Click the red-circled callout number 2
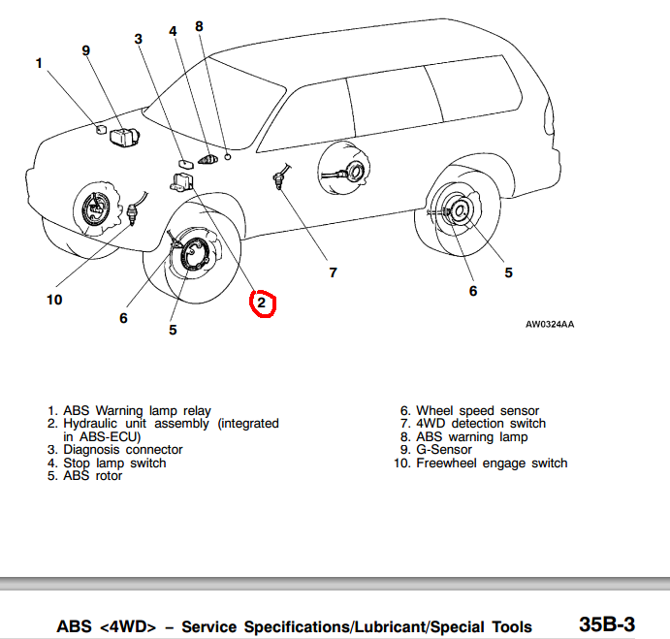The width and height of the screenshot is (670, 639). (x=262, y=304)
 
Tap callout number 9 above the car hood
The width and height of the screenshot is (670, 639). (x=85, y=49)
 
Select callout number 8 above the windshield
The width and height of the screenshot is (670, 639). (x=199, y=26)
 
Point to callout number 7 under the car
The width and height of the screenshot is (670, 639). (x=333, y=272)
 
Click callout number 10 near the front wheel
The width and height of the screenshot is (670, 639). (x=54, y=300)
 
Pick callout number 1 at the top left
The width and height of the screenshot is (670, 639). (x=39, y=63)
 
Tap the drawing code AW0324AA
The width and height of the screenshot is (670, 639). (x=550, y=324)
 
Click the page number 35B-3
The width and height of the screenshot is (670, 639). (x=607, y=623)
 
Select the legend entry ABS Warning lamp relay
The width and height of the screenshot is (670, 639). (x=137, y=411)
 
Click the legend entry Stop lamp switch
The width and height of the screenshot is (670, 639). (x=114, y=463)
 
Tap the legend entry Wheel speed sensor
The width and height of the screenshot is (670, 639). (x=477, y=411)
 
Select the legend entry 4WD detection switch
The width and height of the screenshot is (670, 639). (x=481, y=424)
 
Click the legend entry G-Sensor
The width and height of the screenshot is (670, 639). (x=444, y=450)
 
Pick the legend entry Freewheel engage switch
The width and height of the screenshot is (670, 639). (x=492, y=463)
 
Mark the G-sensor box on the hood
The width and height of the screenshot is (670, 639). (x=124, y=138)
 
